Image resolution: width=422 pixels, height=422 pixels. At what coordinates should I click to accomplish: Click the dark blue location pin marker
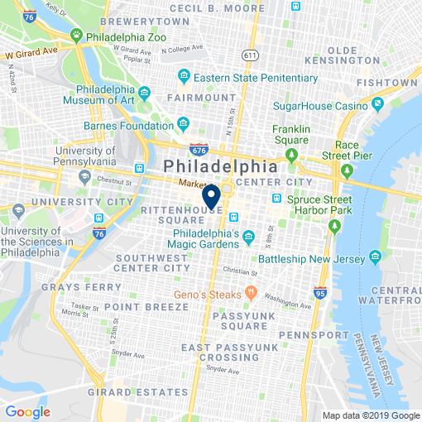coord(211,196)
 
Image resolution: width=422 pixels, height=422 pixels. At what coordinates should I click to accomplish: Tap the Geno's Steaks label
coord(206,295)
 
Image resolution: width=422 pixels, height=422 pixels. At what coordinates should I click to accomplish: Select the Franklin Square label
coord(291,135)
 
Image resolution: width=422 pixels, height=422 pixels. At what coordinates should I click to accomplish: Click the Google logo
coord(27,411)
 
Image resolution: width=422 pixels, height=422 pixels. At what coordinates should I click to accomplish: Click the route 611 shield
coord(249,55)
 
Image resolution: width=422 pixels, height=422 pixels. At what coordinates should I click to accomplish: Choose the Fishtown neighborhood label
coord(386,83)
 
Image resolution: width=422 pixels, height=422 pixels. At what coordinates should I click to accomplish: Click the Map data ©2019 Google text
coord(370,415)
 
